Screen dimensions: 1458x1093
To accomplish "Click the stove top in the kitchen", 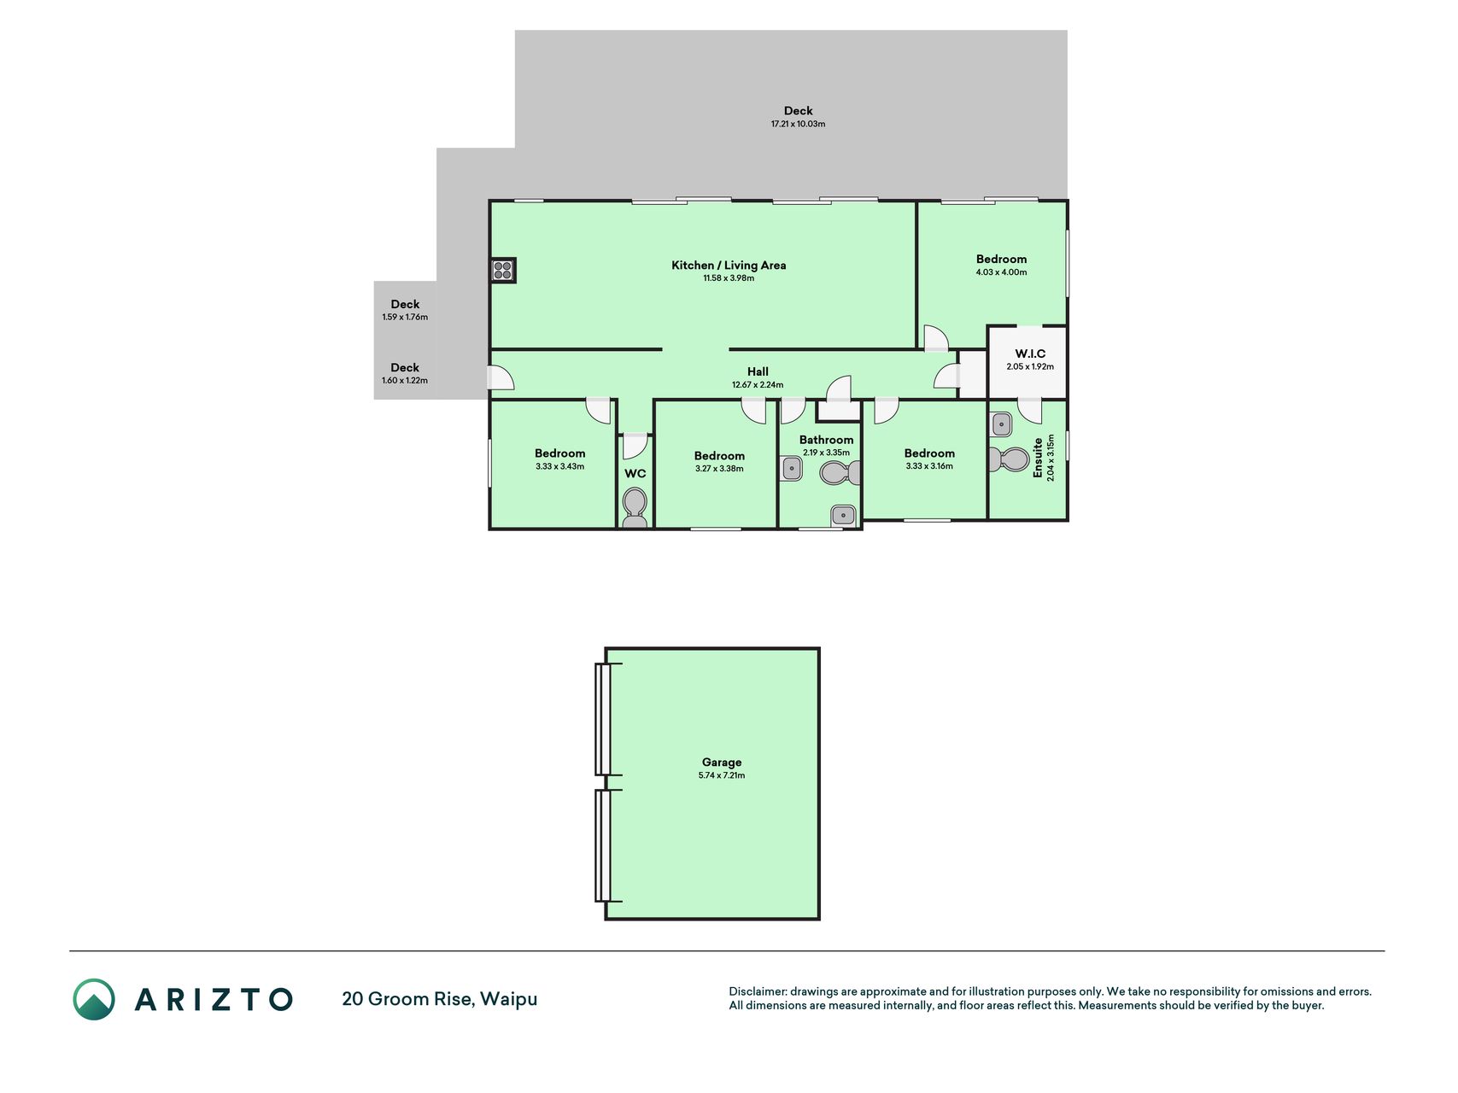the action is (x=502, y=271).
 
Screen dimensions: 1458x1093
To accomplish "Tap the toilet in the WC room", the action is (x=635, y=508).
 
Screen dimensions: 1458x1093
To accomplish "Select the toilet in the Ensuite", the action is (x=1009, y=459).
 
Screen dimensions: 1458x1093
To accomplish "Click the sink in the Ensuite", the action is (x=1001, y=424).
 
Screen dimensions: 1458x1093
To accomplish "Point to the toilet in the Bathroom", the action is (x=840, y=472).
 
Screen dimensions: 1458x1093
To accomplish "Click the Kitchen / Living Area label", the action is (x=729, y=266).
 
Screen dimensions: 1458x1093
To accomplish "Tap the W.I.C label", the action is (x=1030, y=354).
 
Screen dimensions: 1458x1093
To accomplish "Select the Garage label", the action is (x=722, y=763).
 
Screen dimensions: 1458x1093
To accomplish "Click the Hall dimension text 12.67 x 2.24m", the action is (x=758, y=385).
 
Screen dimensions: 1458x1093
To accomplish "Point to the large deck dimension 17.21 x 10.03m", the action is (x=798, y=124).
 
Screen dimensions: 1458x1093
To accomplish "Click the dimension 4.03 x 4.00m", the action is (x=1001, y=272).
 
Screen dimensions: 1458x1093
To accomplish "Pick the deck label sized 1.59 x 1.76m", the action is (x=405, y=304).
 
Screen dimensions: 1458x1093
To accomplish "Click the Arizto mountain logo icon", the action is (x=94, y=999).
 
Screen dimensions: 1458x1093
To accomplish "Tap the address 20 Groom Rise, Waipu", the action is (x=440, y=999).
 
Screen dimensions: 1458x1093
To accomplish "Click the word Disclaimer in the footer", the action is (x=758, y=991).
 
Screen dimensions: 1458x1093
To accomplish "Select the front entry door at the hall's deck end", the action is (x=501, y=378).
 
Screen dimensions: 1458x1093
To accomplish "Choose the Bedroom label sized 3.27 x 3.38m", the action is (x=719, y=456).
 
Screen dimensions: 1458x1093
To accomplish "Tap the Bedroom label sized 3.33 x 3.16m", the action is (x=929, y=453).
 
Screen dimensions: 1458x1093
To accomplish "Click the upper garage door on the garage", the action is (x=603, y=719).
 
